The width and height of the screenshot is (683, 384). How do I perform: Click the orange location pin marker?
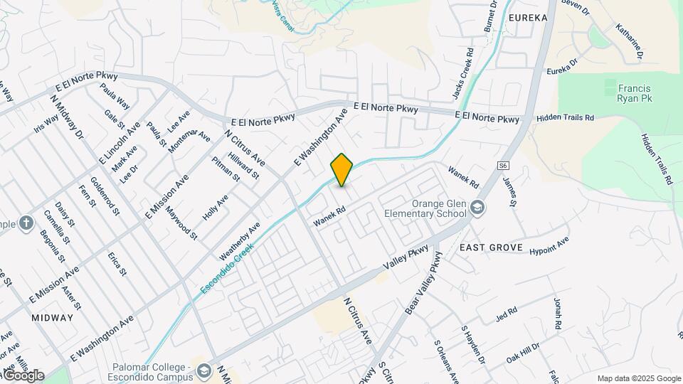[341, 170]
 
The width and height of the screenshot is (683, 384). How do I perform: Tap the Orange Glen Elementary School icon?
[477, 207]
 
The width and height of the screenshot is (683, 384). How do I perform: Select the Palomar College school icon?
[205, 371]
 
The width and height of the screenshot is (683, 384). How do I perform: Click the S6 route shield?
[503, 165]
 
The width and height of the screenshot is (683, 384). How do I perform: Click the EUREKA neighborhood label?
[527, 18]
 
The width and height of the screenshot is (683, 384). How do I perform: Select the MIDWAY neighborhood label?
[52, 318]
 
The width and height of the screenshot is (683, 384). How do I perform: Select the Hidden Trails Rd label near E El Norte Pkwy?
[565, 118]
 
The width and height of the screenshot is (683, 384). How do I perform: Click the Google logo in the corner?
[23, 375]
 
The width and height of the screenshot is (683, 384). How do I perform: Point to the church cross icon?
[26, 224]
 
